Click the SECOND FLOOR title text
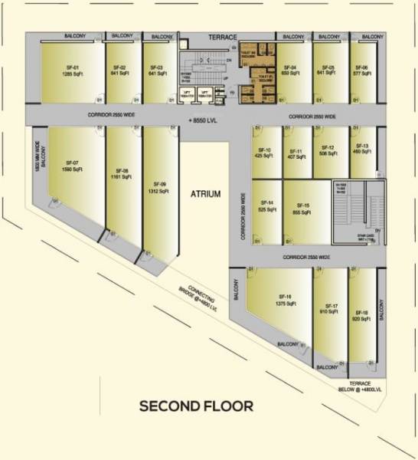click(195, 406)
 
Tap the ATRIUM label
click(205, 194)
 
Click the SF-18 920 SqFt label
click(361, 316)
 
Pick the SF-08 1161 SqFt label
click(121, 173)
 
